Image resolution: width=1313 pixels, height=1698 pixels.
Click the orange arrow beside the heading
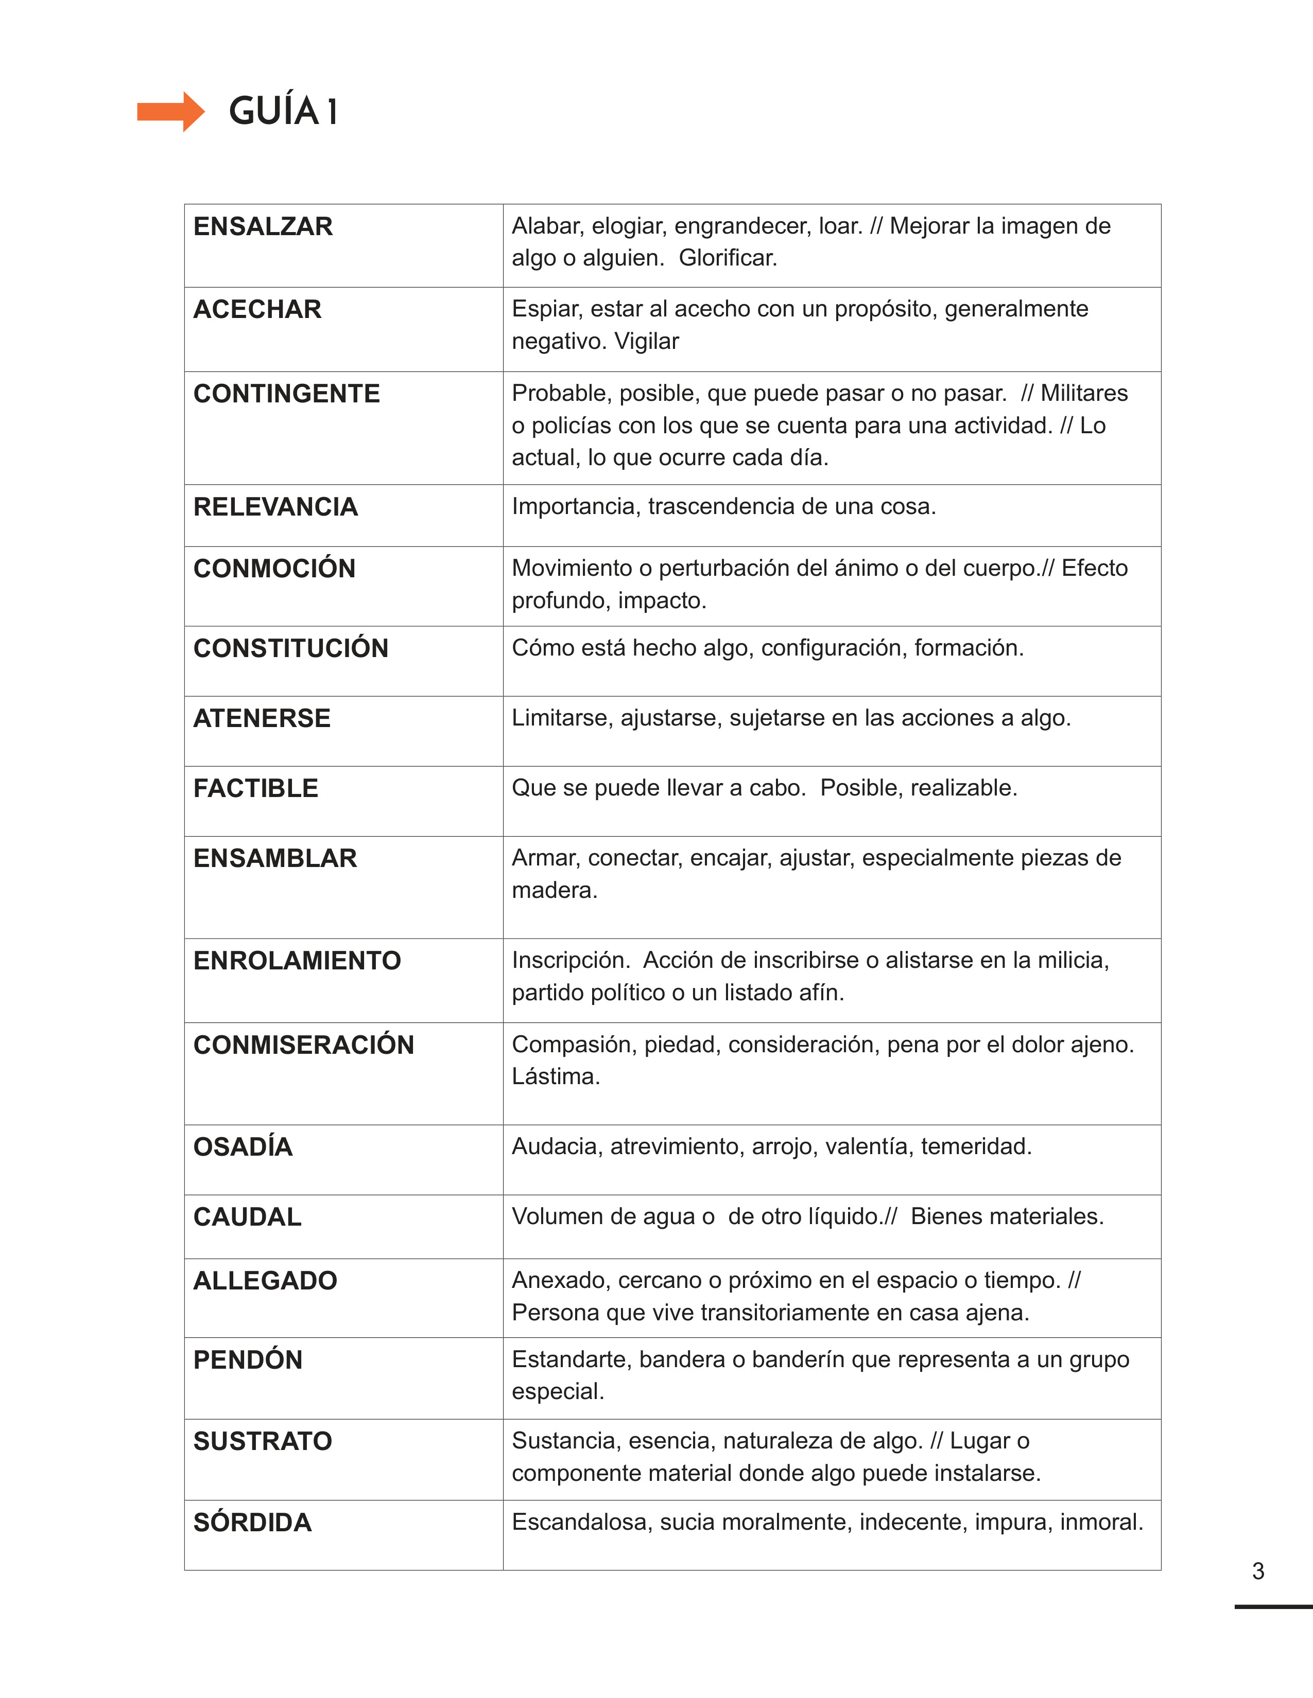[x=170, y=112]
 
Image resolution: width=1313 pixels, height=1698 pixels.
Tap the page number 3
[x=1258, y=1571]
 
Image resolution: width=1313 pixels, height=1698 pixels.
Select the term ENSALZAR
[x=263, y=226]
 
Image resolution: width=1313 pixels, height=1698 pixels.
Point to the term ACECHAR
[x=257, y=309]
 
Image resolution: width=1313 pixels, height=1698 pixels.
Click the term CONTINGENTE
[x=286, y=394]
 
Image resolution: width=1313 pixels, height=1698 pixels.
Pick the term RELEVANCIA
[x=275, y=507]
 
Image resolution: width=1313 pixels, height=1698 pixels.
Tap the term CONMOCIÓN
[x=274, y=569]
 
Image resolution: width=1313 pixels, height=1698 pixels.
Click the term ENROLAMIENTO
[x=297, y=961]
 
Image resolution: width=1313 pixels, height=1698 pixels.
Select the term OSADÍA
[x=243, y=1147]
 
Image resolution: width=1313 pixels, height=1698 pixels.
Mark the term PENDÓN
[x=247, y=1360]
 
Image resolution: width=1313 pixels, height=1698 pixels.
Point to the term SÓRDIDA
[x=252, y=1523]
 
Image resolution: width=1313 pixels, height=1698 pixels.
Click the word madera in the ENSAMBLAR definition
[x=554, y=890]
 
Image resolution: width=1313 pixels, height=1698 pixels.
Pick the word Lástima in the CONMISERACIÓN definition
[x=556, y=1077]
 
